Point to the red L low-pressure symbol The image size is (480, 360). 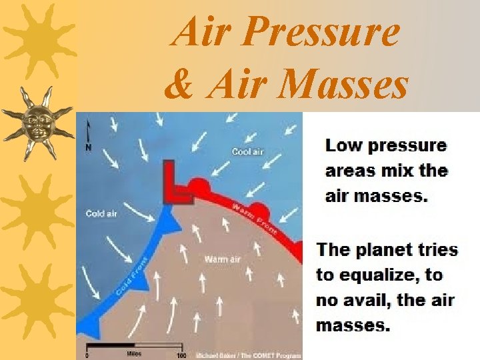pos(175,186)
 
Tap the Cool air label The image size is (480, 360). pos(247,152)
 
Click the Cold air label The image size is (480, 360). pos(101,213)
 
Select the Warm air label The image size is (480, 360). pos(222,259)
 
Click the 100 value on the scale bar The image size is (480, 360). pos(181,355)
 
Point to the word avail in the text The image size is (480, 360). pos(364,300)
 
